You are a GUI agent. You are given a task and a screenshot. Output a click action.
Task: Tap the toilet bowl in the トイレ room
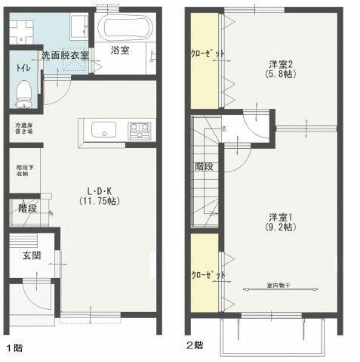[x=23, y=93]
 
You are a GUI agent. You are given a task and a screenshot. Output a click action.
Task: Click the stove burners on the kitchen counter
[x=139, y=131]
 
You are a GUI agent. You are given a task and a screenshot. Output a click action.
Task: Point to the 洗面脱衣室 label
[x=65, y=55]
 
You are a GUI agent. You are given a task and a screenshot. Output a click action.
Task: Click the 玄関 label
[x=23, y=255]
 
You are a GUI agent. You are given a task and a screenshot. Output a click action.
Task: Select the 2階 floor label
[x=195, y=345]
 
